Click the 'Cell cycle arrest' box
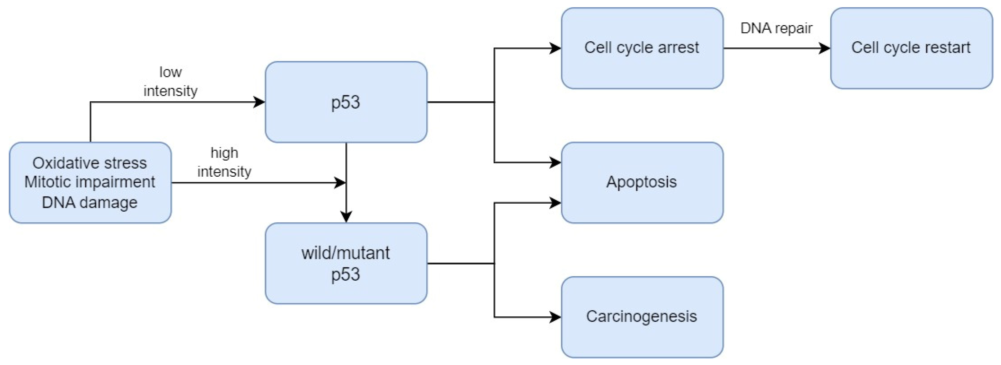coord(642,48)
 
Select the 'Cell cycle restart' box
coord(911,48)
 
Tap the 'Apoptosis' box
coord(642,182)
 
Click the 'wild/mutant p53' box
coord(346,263)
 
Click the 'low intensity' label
coord(170,81)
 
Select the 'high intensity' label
coord(224,162)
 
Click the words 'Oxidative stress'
coord(90,163)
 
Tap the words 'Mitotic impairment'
coord(90,182)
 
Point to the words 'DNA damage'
coord(90,202)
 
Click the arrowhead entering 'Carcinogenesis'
coord(555,317)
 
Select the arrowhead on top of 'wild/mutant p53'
coord(346,217)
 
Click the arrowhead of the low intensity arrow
coord(259,102)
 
